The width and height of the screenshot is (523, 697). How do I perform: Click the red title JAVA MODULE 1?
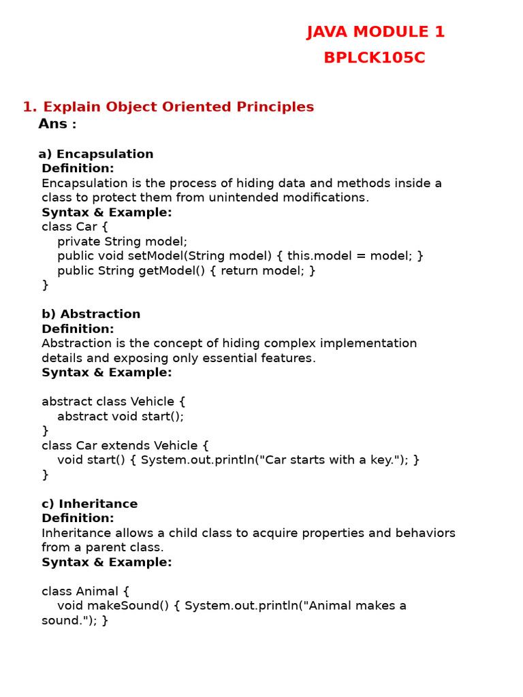[x=375, y=32]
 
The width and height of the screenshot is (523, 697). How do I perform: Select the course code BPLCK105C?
[x=375, y=58]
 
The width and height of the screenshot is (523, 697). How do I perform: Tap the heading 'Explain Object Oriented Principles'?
[x=178, y=107]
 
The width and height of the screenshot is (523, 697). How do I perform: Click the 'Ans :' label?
[x=57, y=124]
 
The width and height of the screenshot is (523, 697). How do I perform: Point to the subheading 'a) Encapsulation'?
[x=96, y=154]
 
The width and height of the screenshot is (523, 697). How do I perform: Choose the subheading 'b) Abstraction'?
[x=91, y=314]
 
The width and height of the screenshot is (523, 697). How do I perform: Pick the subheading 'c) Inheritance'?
[x=89, y=504]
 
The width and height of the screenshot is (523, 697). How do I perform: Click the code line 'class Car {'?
[x=75, y=227]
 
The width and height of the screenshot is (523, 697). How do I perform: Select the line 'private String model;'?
[x=122, y=241]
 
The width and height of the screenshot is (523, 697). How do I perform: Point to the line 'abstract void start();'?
[x=121, y=416]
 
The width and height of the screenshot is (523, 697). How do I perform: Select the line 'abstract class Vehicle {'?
[x=114, y=402]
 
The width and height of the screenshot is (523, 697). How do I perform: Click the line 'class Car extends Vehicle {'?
[x=125, y=445]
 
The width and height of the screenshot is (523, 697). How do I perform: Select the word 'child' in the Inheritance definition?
[x=157, y=533]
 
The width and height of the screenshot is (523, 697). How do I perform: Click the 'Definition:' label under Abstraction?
[x=78, y=329]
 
